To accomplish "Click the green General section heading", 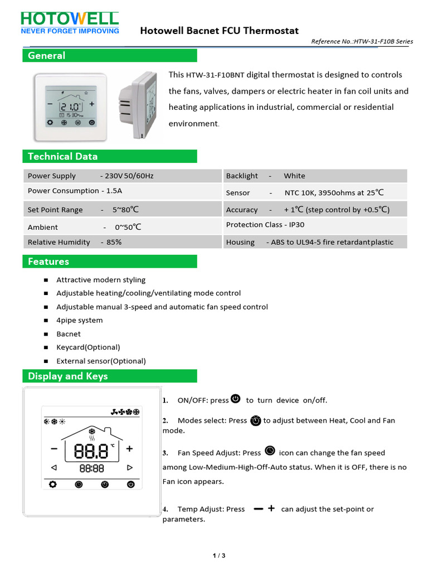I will [x=109, y=55].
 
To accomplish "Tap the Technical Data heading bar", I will [x=109, y=156].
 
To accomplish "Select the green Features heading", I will [x=109, y=262].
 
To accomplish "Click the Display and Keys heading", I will [x=109, y=376].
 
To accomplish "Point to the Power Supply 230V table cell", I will [x=122, y=176].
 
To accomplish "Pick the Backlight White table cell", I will [x=315, y=176].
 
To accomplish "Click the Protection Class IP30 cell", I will [x=315, y=225].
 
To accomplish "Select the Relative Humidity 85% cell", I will [x=122, y=242].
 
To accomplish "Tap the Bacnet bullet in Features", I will [x=69, y=334].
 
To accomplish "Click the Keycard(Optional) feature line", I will [x=88, y=347].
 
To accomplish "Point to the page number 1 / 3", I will [x=219, y=555].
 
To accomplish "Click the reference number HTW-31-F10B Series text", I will [x=362, y=41].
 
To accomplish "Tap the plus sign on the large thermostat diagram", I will [x=130, y=448].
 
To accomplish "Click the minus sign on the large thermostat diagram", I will [x=54, y=448].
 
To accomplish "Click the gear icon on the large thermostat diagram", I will [x=52, y=485].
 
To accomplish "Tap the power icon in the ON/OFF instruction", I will [x=236, y=399].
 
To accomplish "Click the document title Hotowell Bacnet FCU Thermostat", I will [x=219, y=31].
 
